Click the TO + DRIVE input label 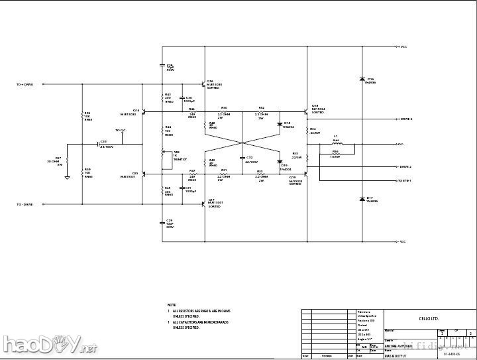click(x=29, y=85)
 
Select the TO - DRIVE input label click(x=29, y=205)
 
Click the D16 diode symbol click(x=362, y=80)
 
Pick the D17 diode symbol click(x=362, y=199)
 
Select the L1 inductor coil click(x=336, y=144)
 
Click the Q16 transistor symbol click(x=202, y=85)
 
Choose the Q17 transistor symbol click(x=202, y=204)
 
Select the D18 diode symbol click(x=280, y=124)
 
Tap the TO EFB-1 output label click(x=405, y=180)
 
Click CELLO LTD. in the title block click(x=429, y=319)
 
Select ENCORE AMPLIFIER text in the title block click(x=399, y=346)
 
